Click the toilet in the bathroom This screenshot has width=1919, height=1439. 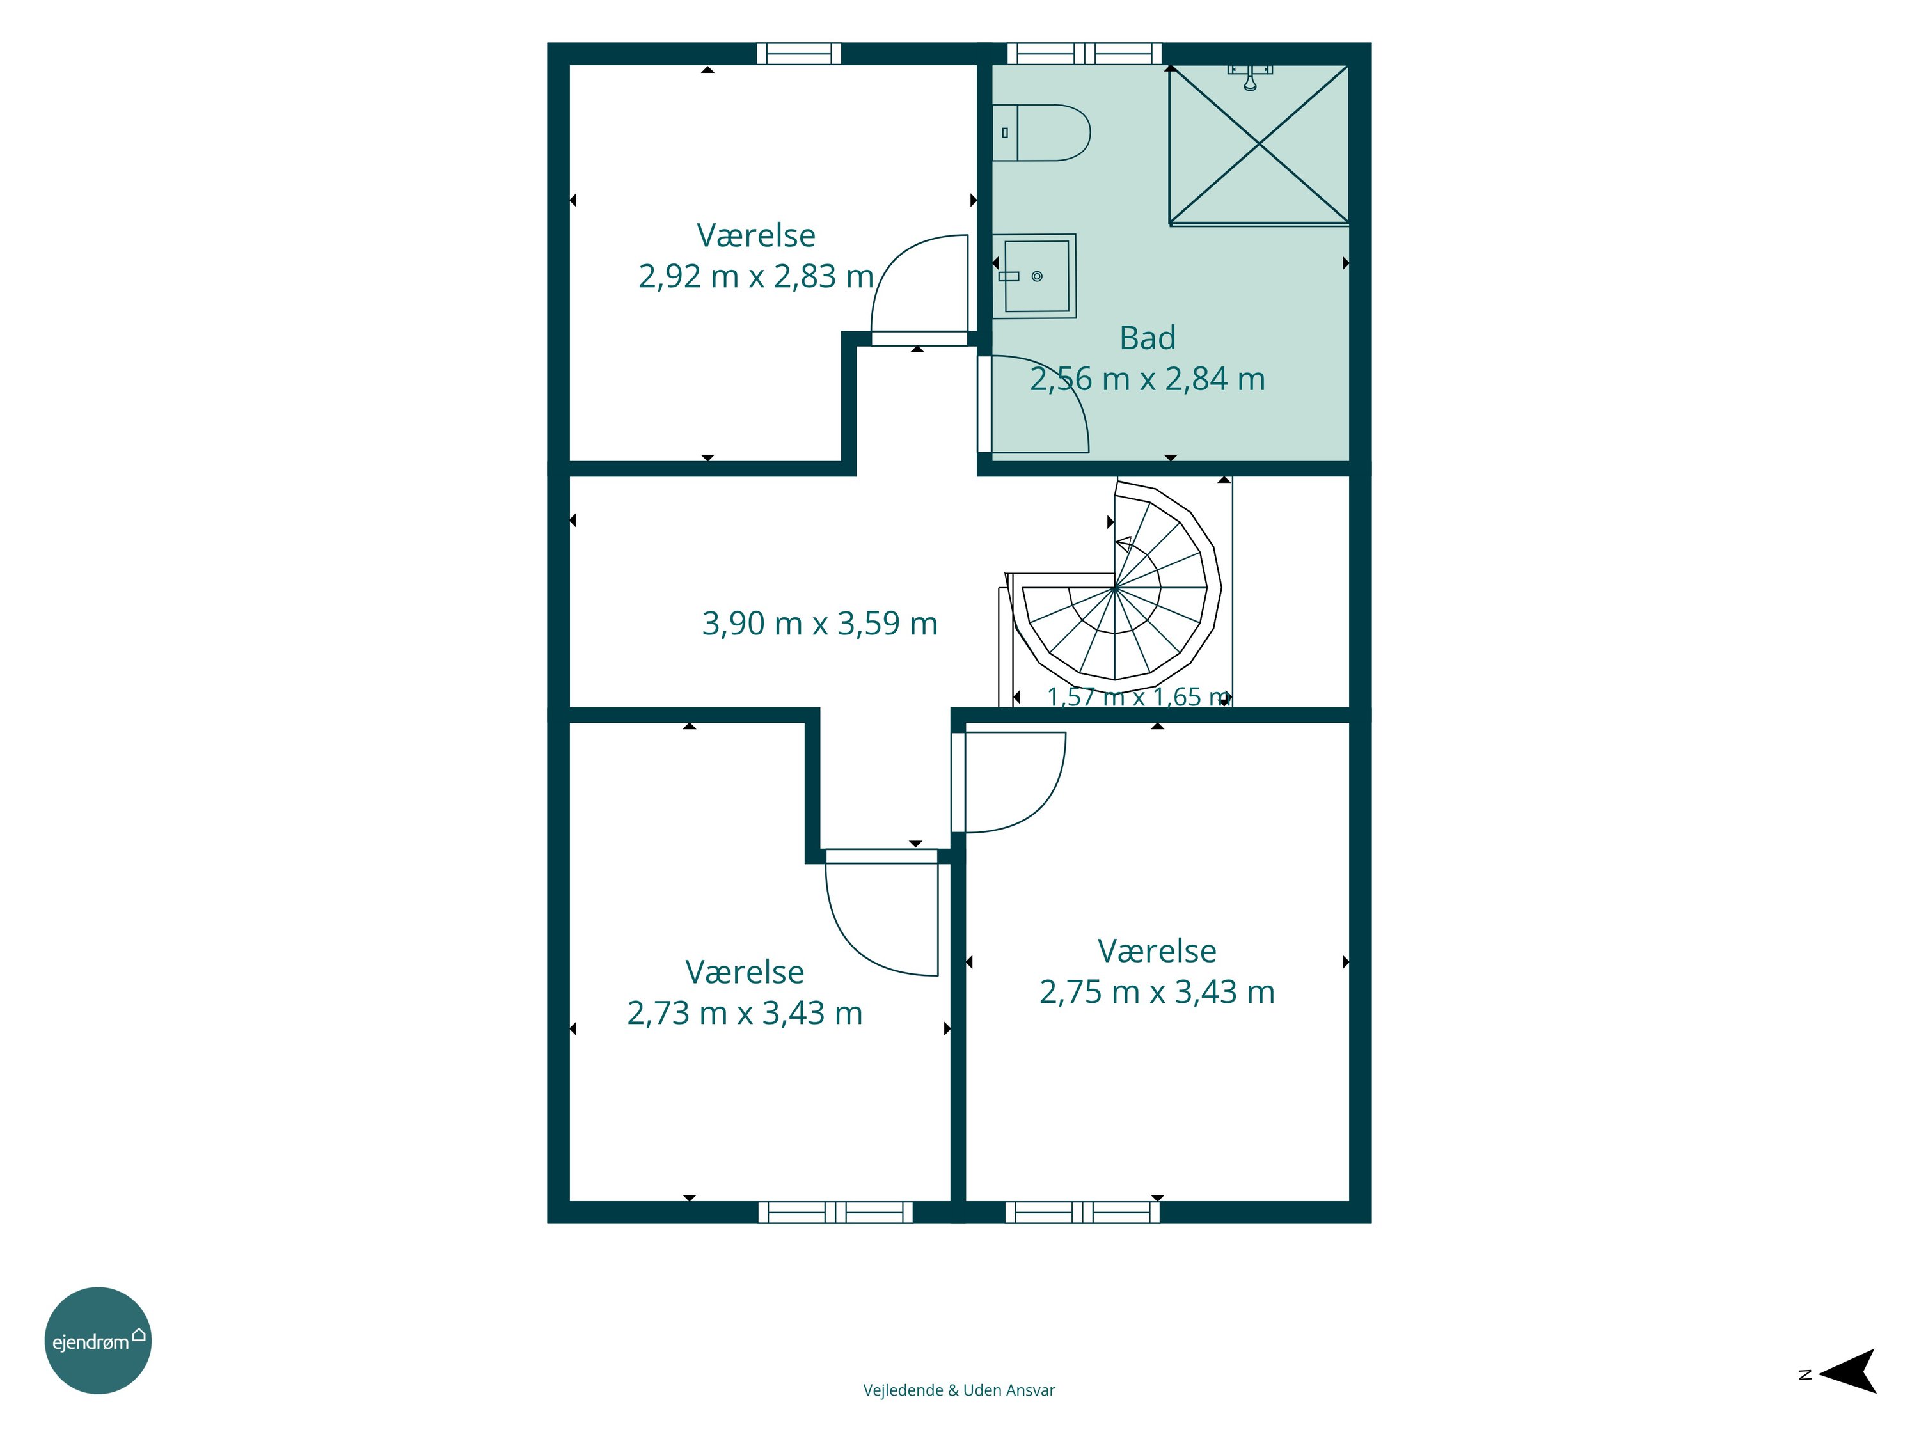(1040, 133)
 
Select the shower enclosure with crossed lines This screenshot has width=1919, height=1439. (1259, 145)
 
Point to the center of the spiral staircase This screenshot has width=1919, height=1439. (1115, 588)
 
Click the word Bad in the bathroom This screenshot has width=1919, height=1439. (1147, 338)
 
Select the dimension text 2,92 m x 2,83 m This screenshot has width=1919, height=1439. (755, 276)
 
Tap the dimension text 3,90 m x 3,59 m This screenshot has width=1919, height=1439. (820, 623)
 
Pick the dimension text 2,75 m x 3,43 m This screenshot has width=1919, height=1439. (1157, 991)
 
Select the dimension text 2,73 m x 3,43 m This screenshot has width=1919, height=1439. (745, 1012)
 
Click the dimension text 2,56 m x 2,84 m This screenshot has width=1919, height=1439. (1147, 379)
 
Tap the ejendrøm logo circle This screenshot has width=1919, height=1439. (98, 1340)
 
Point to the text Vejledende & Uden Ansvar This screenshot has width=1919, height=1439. (959, 1390)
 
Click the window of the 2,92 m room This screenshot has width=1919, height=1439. (799, 54)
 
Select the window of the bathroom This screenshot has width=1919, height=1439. (1084, 54)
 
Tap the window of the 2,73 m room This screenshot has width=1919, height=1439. (835, 1212)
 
